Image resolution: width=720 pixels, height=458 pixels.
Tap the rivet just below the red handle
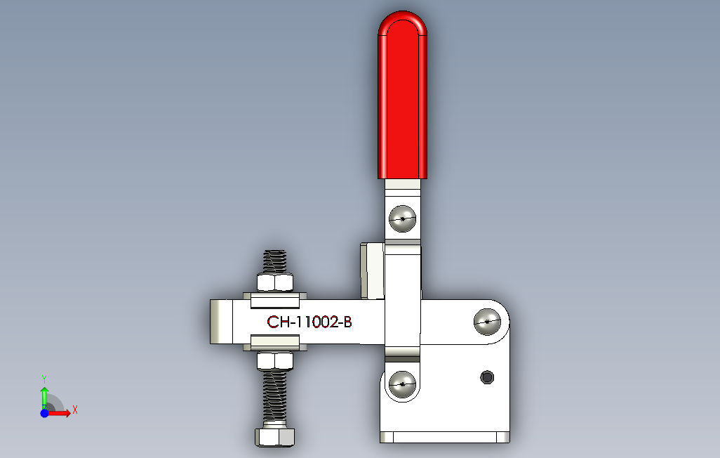tap(402, 218)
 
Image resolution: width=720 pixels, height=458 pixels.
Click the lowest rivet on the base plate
tap(401, 384)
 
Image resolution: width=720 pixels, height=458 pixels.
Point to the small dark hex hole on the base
tap(486, 377)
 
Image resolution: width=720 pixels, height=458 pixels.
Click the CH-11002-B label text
tap(309, 323)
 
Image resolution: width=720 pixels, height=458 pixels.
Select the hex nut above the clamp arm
tap(274, 282)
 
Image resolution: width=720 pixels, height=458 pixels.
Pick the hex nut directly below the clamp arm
tap(274, 360)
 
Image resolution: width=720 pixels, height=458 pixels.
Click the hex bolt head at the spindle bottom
tap(274, 436)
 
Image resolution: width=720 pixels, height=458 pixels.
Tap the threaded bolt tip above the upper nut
tap(275, 261)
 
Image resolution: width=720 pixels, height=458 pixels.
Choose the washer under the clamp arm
tap(274, 343)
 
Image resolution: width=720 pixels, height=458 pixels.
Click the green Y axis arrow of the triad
tap(44, 393)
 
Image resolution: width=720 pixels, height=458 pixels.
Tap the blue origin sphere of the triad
tap(44, 413)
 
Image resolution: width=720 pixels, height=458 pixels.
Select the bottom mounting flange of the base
tap(444, 437)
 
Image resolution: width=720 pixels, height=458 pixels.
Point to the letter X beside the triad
tap(74, 410)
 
